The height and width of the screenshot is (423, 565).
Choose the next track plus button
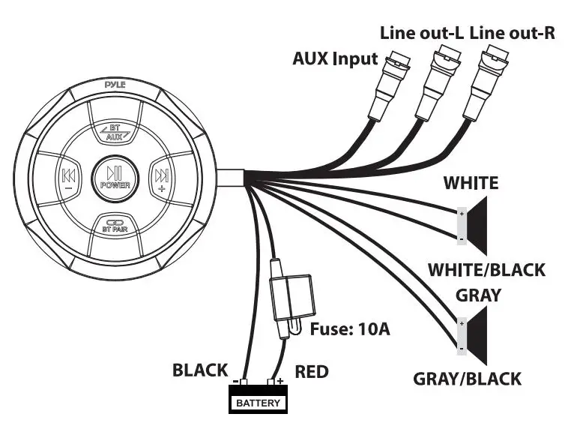coord(160,178)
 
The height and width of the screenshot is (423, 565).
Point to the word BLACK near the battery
coord(200,370)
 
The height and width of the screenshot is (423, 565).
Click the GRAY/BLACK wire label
coord(467,378)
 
